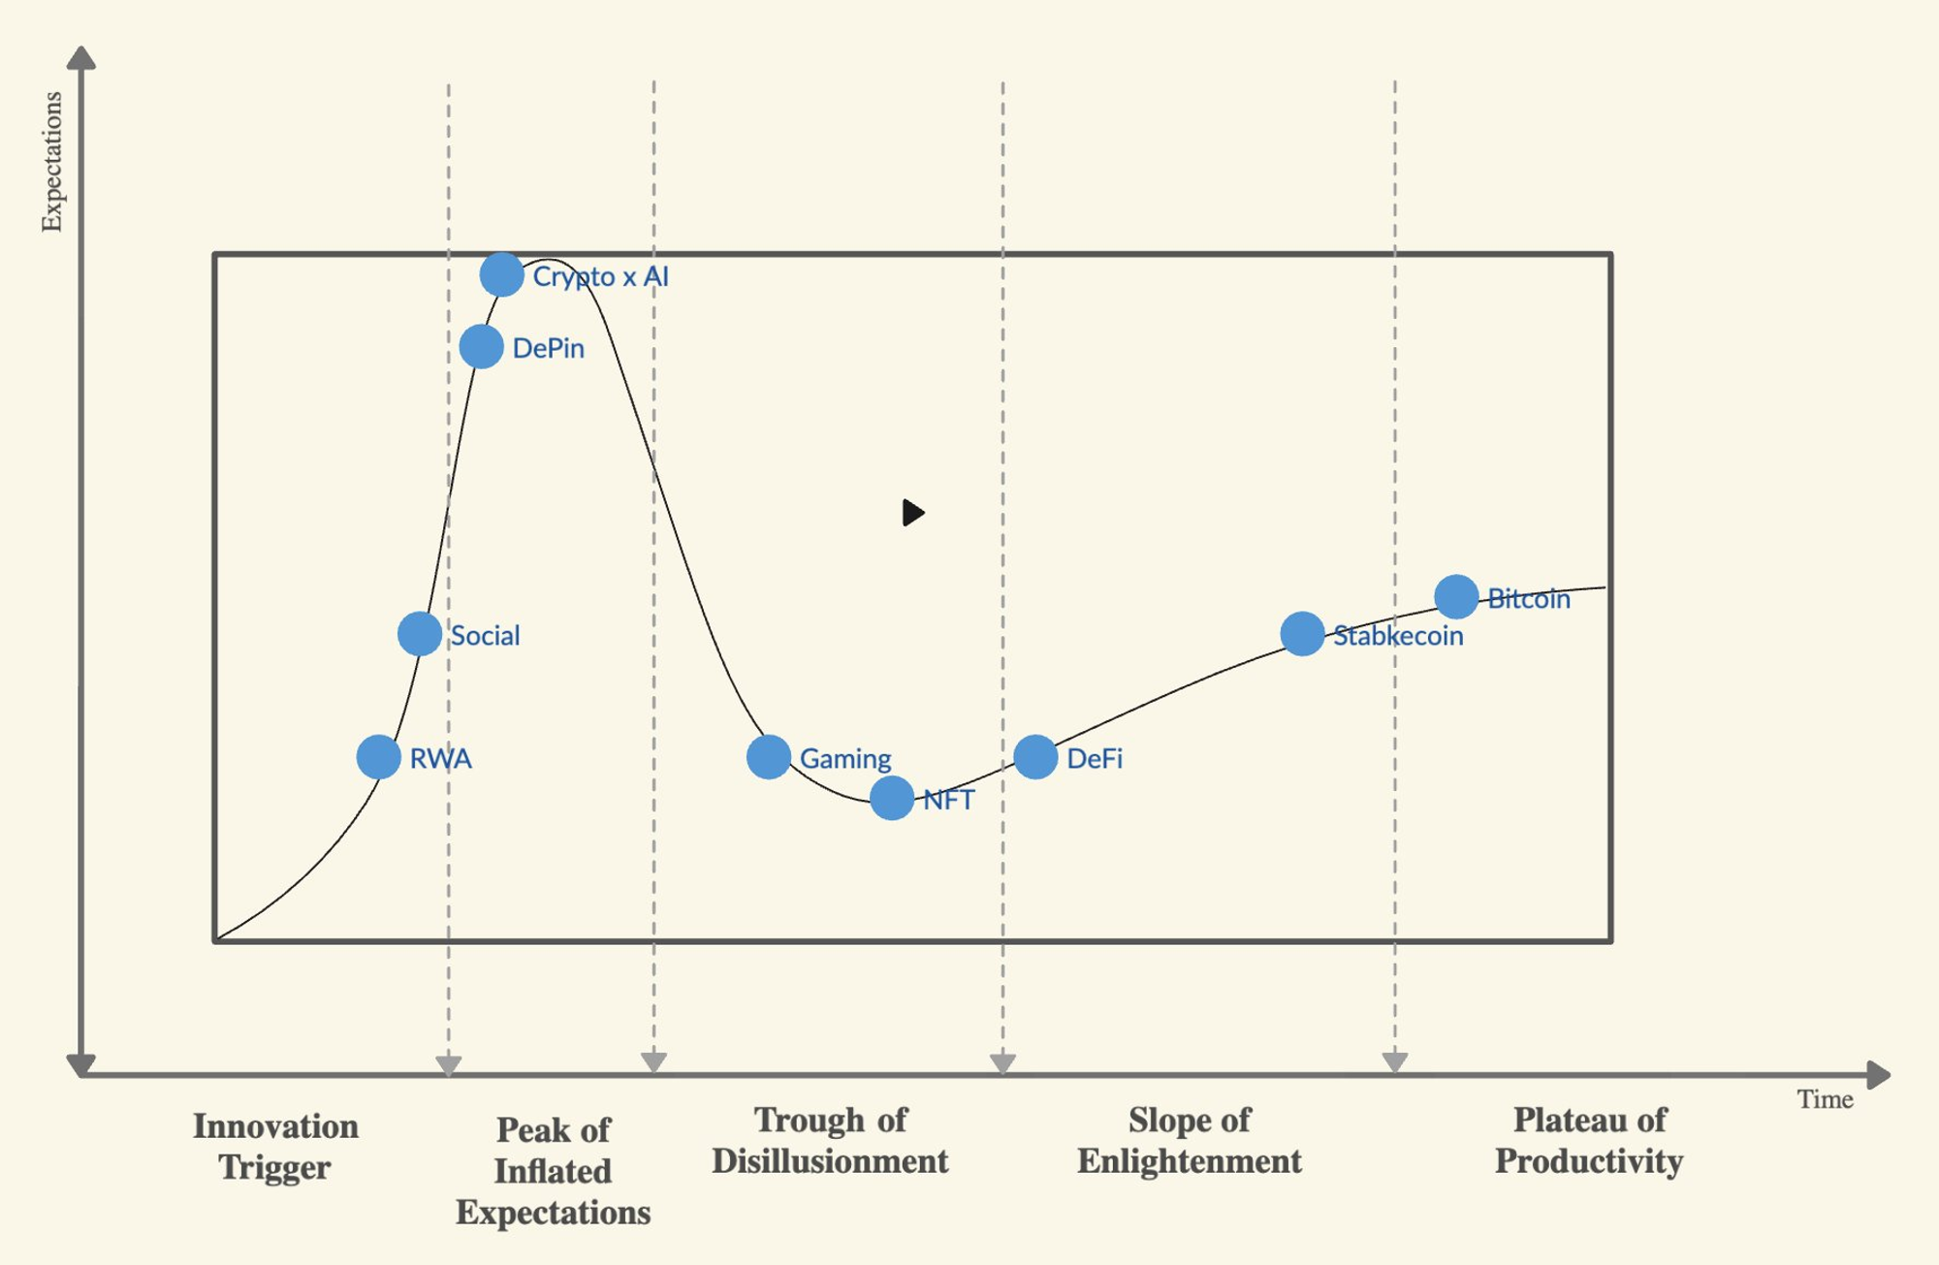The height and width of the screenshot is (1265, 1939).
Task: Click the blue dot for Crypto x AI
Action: pos(501,275)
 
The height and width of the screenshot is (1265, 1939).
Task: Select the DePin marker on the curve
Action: pos(481,346)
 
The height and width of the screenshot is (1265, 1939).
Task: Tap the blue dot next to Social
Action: pos(420,634)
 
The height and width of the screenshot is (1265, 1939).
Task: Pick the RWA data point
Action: pos(378,757)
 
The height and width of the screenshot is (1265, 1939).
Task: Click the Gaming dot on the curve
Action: pos(769,757)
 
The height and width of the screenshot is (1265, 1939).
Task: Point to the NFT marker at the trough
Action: pos(892,799)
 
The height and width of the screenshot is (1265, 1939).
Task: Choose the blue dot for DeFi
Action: pos(1035,757)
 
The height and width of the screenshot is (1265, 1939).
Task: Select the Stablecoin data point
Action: pos(1302,634)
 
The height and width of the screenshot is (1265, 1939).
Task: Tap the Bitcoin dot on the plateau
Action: pos(1456,597)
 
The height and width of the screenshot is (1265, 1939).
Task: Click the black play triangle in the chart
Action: pos(912,512)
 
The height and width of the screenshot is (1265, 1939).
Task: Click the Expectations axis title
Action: pos(51,162)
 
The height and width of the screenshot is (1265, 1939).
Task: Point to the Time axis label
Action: pos(1825,1099)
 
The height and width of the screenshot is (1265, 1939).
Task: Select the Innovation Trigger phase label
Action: pos(275,1147)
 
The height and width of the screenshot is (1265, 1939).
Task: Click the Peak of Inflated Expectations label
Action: pos(554,1171)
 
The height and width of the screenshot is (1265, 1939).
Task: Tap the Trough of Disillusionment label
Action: pos(830,1141)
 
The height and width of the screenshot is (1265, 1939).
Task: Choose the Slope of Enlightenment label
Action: pos(1190,1141)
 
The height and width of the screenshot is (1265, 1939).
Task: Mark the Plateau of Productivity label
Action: pos(1589,1141)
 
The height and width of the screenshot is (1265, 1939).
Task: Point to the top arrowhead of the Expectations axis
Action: pos(81,58)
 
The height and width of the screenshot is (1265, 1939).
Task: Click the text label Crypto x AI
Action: pos(601,277)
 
